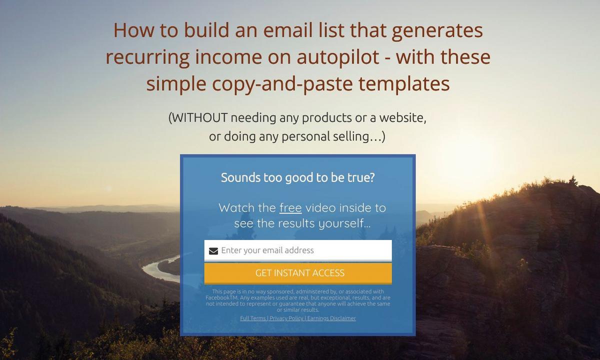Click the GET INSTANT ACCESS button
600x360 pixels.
coord(298,273)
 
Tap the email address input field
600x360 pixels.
coord(298,250)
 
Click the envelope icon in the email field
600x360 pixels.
coord(213,251)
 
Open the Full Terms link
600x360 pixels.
coord(253,318)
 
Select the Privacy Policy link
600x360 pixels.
coord(286,318)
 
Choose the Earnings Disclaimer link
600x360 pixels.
coord(331,318)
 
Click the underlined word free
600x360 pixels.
coord(290,208)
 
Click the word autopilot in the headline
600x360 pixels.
coord(338,57)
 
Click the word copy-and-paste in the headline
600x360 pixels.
coord(282,84)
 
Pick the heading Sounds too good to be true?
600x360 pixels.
coord(298,177)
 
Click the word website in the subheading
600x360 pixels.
coord(402,118)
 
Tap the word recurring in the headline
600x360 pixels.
coord(147,57)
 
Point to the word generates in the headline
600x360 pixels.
coord(437,31)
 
